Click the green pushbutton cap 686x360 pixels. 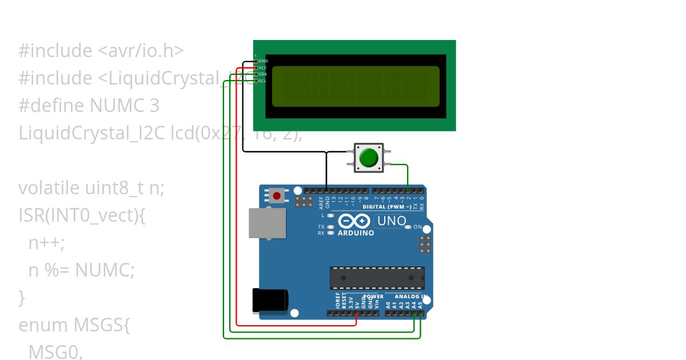[x=369, y=157]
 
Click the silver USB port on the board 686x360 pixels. [x=267, y=223]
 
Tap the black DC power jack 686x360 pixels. [x=270, y=301]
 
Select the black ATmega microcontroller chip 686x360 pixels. [x=377, y=278]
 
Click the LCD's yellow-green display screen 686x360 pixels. [x=355, y=87]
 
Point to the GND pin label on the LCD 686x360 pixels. [x=263, y=61]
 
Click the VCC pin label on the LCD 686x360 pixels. [x=263, y=67]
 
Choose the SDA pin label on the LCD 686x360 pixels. [x=263, y=74]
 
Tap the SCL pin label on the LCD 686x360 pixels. [x=263, y=81]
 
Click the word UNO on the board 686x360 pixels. [x=392, y=221]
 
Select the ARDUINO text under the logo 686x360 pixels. [x=356, y=233]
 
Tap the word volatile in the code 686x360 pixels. [x=50, y=188]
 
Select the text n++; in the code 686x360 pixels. [x=46, y=243]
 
